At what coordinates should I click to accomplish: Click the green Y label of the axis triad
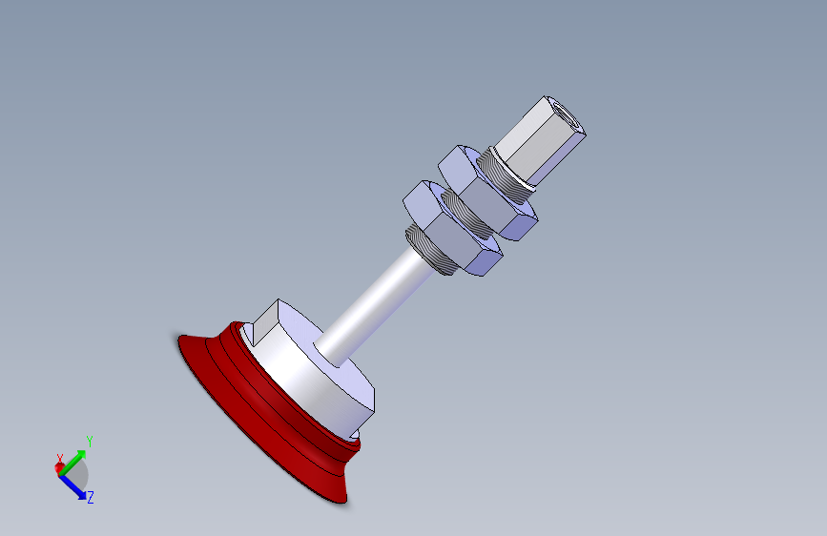click(x=89, y=442)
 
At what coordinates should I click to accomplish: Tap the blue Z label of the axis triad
click(x=90, y=497)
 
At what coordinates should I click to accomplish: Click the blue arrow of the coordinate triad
click(x=73, y=484)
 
